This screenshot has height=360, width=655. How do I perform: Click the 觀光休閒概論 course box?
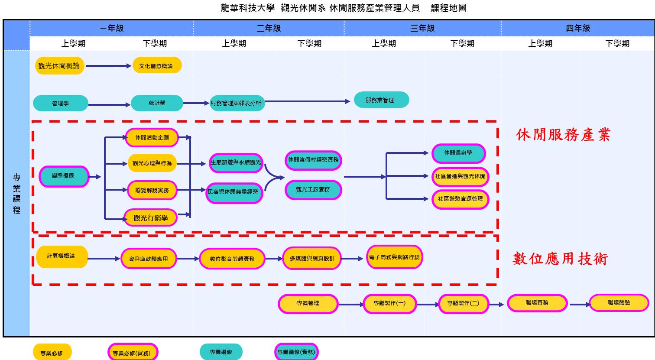coord(59,66)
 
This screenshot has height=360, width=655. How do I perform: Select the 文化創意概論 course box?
coord(156,66)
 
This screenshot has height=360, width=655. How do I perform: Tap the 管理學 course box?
coord(61,104)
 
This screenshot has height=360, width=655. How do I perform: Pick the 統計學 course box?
coord(157,103)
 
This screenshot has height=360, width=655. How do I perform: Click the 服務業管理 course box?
coord(381,100)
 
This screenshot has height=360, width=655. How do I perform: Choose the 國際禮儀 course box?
coord(64,176)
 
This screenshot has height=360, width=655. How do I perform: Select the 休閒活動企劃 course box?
coord(152,138)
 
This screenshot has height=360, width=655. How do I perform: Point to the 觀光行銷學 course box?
coord(150,218)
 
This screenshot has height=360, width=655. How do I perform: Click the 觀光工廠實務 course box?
coord(313,190)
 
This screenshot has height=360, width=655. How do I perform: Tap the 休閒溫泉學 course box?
coord(458,153)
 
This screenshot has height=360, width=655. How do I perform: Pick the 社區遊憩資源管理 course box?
coord(460,199)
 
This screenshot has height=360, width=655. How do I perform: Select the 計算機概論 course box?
coord(62,256)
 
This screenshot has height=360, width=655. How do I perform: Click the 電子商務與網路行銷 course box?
coord(394,257)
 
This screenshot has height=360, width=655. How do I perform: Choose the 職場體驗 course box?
coord(619,303)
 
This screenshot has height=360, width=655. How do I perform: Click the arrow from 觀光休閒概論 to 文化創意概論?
coord(108,66)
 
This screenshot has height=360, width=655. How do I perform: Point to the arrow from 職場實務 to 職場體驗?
coord(580,305)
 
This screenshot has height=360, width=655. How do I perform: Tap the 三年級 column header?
coord(422,28)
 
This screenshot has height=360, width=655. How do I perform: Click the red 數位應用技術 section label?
coord(561,259)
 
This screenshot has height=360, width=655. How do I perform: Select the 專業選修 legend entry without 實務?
coord(221,352)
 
